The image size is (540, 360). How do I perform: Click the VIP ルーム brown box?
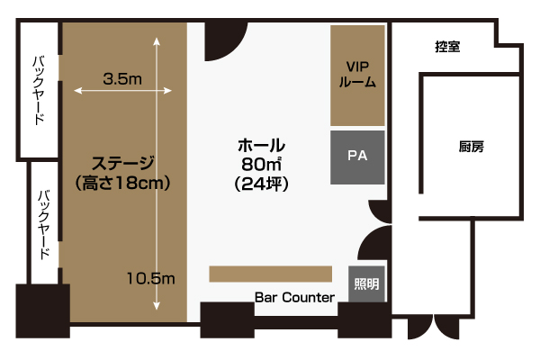(357, 76)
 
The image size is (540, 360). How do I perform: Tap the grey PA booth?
(357, 157)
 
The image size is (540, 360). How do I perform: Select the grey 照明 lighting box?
(366, 284)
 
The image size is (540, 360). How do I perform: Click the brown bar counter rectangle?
(271, 274)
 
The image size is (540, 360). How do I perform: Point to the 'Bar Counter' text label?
(294, 297)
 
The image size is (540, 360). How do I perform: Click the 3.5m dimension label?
(122, 79)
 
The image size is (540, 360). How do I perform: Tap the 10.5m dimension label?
(151, 278)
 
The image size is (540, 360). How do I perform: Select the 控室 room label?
(447, 46)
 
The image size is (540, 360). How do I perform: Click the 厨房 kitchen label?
(471, 147)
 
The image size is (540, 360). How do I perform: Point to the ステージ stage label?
(123, 163)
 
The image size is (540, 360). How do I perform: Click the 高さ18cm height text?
(122, 183)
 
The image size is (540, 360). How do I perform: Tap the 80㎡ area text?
(261, 164)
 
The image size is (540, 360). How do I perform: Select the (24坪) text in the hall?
(261, 184)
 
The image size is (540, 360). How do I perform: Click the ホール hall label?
(261, 145)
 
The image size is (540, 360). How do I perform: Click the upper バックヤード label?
(39, 90)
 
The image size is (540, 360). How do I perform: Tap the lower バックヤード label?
(44, 225)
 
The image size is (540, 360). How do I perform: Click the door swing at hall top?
(222, 40)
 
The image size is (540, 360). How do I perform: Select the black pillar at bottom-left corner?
(43, 310)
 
